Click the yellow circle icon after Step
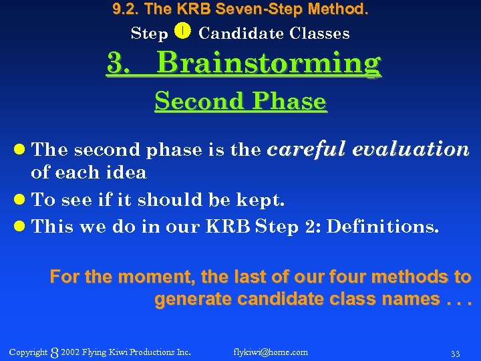click(x=184, y=31)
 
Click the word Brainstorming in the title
click(x=269, y=64)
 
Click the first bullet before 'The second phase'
click(x=22, y=150)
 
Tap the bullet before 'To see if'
click(x=22, y=200)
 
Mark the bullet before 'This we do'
click(x=22, y=227)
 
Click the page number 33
click(x=455, y=352)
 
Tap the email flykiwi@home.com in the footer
click(x=271, y=352)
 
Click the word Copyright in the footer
click(x=28, y=352)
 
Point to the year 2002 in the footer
click(x=69, y=352)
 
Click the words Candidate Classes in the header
click(x=274, y=33)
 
